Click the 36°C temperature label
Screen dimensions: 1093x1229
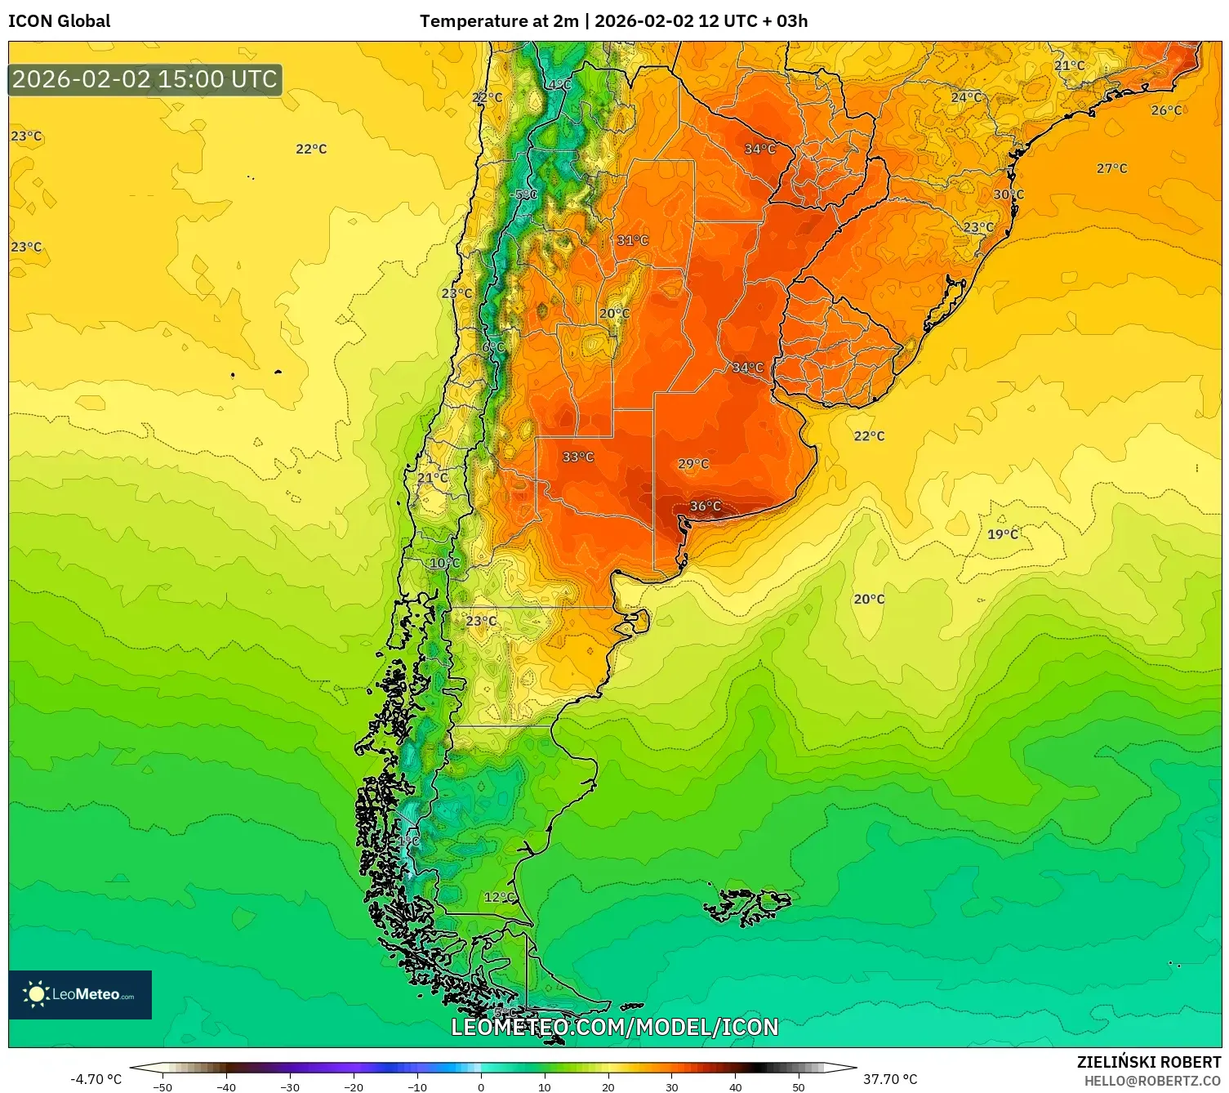pos(706,506)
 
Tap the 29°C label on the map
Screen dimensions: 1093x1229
pos(693,464)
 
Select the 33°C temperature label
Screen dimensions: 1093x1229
pos(578,457)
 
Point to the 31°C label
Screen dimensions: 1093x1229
pos(633,240)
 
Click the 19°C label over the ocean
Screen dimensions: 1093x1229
pos(1003,534)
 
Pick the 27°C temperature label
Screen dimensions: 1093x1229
pos(1111,168)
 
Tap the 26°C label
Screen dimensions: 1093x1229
pos(1166,110)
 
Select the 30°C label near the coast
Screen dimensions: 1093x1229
pos(1009,194)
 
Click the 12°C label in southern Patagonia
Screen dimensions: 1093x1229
pos(500,897)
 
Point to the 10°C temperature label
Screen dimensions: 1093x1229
pos(445,563)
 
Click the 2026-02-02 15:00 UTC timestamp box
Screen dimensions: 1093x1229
pos(145,79)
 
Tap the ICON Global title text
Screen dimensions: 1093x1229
pos(60,21)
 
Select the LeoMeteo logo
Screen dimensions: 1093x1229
pos(80,994)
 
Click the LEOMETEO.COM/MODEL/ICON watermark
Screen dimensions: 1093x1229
pos(615,1027)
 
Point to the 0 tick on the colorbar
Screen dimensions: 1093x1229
pos(481,1086)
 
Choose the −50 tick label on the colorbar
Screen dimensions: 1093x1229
pos(163,1086)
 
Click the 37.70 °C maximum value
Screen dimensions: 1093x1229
pos(890,1079)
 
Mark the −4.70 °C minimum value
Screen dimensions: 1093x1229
pos(96,1079)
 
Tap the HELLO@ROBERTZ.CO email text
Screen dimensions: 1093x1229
pos(1152,1081)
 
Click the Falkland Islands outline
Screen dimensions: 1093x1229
pos(747,905)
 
